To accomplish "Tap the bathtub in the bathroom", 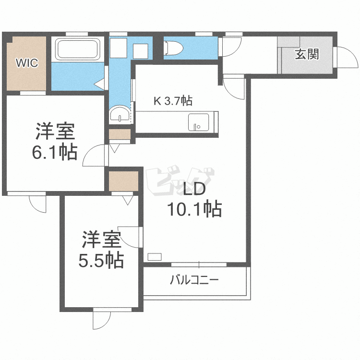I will (78, 49).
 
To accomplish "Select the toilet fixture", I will (172, 48).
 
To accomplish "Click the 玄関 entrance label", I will (306, 54).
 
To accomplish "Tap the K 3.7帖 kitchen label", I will (173, 101).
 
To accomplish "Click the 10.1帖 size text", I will (194, 209).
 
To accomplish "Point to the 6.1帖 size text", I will (54, 153).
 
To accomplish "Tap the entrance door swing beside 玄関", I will (344, 56).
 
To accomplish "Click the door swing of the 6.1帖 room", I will (94, 154).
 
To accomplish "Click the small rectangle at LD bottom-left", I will (155, 256).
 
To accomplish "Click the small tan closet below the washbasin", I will (119, 134).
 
